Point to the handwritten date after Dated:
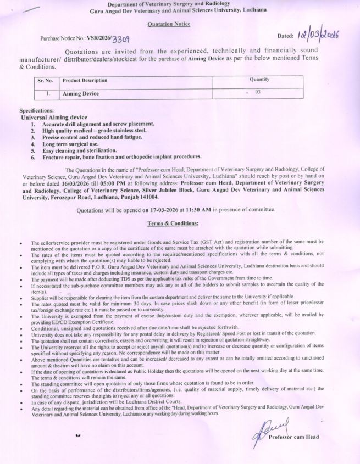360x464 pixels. [317, 36]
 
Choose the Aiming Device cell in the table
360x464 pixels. [81, 93]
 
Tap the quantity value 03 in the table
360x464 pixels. [257, 92]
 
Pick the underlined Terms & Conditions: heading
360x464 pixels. [173, 223]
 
